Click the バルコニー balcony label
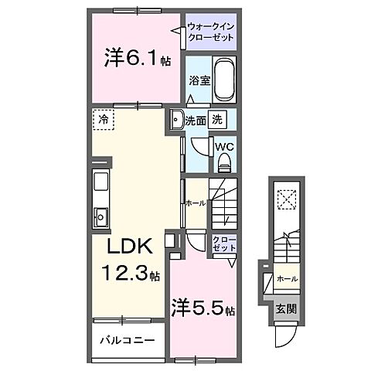127,340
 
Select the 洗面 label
194,121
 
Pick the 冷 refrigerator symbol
103,120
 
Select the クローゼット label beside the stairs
223,243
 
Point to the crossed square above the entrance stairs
288,200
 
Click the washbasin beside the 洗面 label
176,120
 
